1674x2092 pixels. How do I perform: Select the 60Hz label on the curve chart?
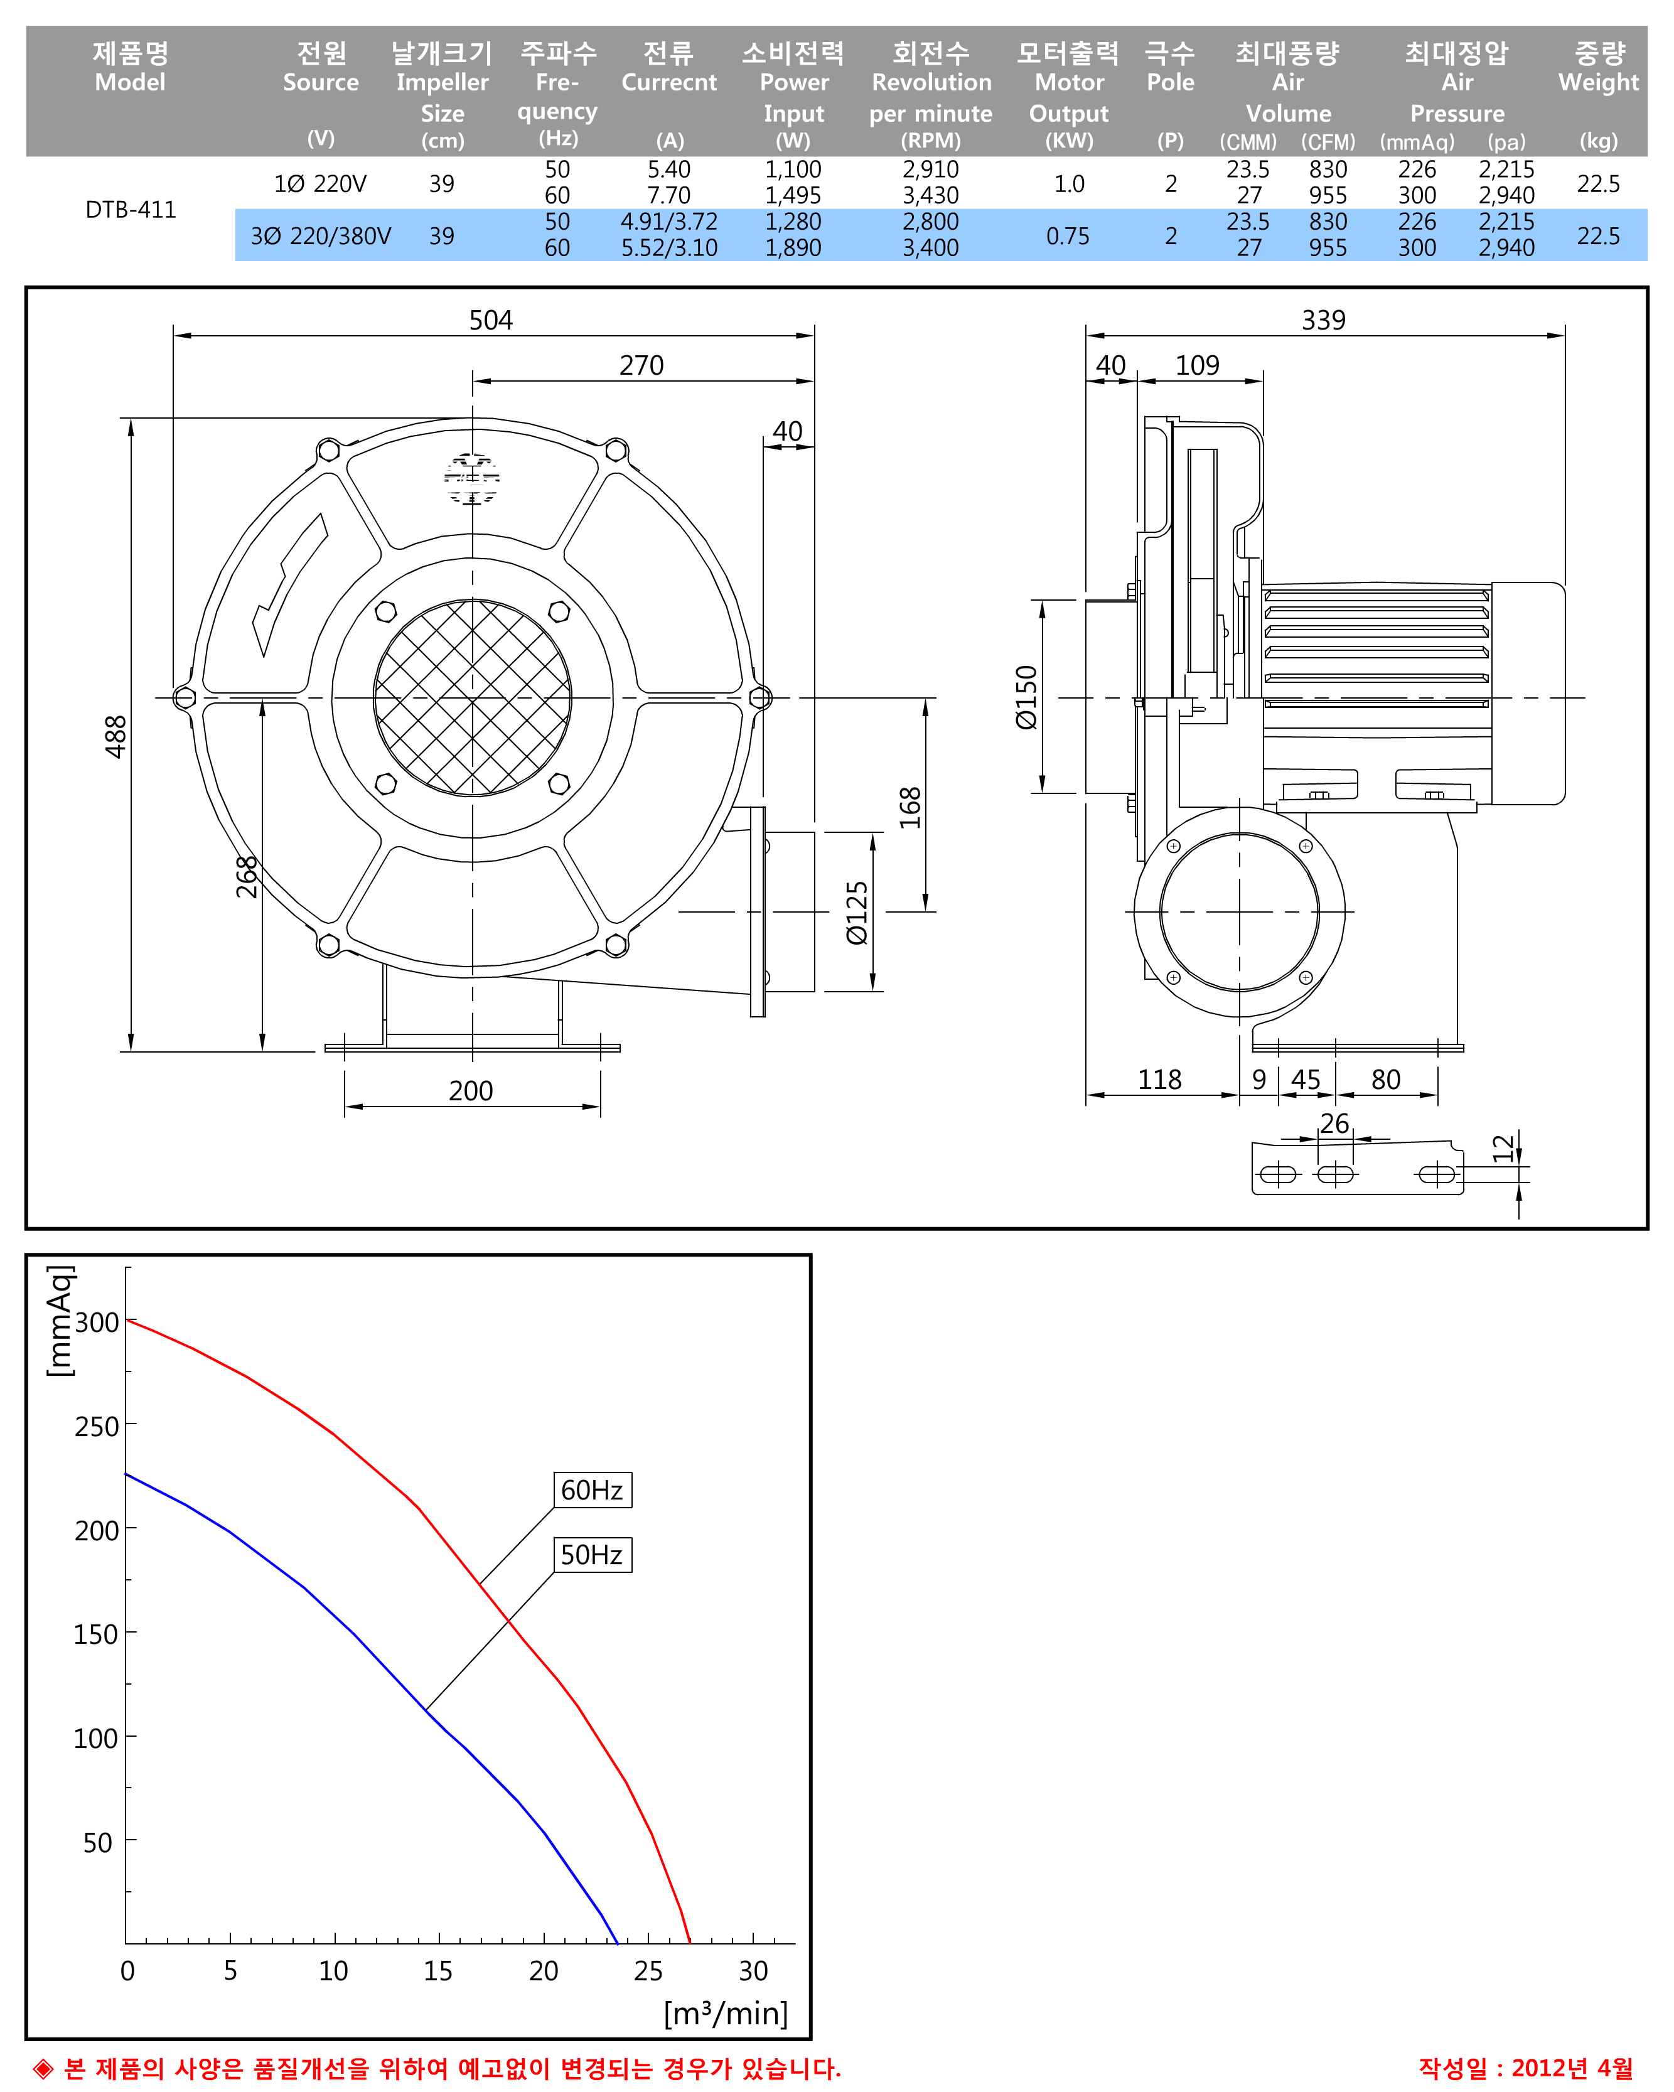[x=591, y=1489]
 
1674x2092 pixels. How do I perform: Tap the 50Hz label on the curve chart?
[x=591, y=1555]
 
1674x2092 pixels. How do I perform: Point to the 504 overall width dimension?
[x=490, y=320]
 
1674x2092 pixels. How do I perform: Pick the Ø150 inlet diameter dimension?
[x=1026, y=697]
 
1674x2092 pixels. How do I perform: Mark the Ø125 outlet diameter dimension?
[x=857, y=912]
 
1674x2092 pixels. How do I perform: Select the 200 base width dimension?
[x=471, y=1091]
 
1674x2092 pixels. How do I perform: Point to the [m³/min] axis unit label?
[x=725, y=2014]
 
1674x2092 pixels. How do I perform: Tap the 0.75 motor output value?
[x=1068, y=236]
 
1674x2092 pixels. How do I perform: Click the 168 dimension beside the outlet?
[x=909, y=807]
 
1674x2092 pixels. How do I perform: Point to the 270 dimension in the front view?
[x=641, y=366]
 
